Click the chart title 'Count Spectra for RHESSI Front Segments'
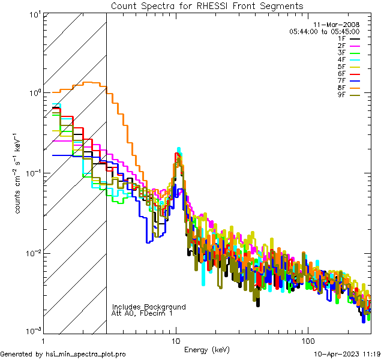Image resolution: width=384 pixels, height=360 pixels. (x=206, y=6)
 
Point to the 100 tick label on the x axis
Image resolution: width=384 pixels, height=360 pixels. (x=307, y=340)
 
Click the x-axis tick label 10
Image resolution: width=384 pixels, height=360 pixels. (x=176, y=340)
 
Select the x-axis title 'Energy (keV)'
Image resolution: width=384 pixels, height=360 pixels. (x=206, y=349)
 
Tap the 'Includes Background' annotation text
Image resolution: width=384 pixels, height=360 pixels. (x=149, y=307)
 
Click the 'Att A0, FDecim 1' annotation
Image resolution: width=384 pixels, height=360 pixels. (x=142, y=313)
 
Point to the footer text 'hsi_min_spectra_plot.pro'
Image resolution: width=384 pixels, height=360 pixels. (x=86, y=354)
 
